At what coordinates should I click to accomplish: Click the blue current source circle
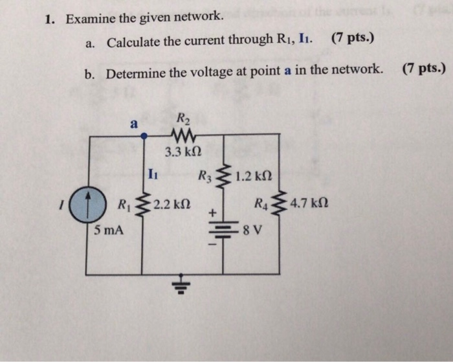click(x=87, y=206)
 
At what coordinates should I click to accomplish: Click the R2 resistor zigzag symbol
click(x=183, y=135)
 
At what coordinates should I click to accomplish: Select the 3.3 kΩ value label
click(x=183, y=153)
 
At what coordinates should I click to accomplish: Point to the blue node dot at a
click(x=143, y=135)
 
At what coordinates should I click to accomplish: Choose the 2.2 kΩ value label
click(x=170, y=205)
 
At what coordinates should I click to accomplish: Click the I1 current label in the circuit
click(x=152, y=173)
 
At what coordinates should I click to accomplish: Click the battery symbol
click(x=223, y=231)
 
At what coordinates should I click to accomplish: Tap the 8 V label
click(x=252, y=230)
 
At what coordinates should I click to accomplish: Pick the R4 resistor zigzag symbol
click(x=280, y=205)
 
